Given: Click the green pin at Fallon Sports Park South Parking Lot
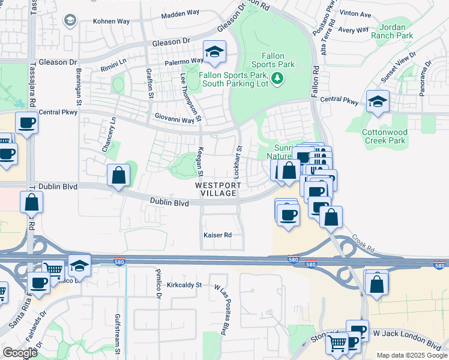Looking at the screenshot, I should click(277, 78).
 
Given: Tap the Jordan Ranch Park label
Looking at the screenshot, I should click(396, 31).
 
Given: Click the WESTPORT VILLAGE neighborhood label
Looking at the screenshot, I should click(218, 190).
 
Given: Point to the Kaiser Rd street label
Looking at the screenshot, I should click(217, 235).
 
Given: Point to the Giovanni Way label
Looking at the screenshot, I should click(175, 119).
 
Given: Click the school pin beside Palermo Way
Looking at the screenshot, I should click(213, 52).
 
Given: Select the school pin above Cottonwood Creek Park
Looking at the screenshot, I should click(378, 101).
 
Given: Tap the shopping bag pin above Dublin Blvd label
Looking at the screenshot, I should click(119, 175).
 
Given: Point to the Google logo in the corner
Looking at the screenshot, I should click(20, 353).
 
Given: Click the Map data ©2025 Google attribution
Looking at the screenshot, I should click(412, 355).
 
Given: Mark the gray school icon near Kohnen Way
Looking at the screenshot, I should click(70, 21).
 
